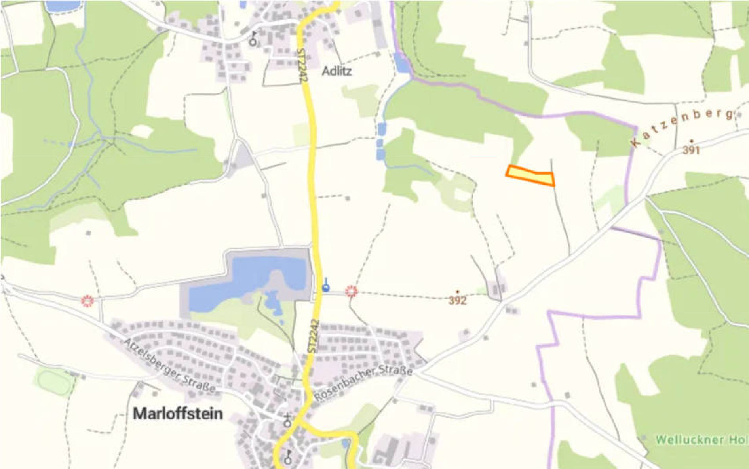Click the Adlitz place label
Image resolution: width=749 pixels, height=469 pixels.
336,71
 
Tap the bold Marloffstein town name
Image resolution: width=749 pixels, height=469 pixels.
178,414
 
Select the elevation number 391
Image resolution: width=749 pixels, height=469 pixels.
691,150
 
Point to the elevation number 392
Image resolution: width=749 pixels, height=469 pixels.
457,300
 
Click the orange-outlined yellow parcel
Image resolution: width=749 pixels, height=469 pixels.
530,175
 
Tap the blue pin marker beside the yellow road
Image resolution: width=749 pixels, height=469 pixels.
326,286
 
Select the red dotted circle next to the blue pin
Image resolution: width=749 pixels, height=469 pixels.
351,292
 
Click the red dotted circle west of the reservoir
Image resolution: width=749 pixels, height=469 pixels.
87,301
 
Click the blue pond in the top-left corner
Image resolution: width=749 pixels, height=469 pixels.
58,6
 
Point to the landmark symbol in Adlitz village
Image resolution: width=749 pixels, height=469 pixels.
253,40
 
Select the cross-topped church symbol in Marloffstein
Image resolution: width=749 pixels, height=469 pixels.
287,421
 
